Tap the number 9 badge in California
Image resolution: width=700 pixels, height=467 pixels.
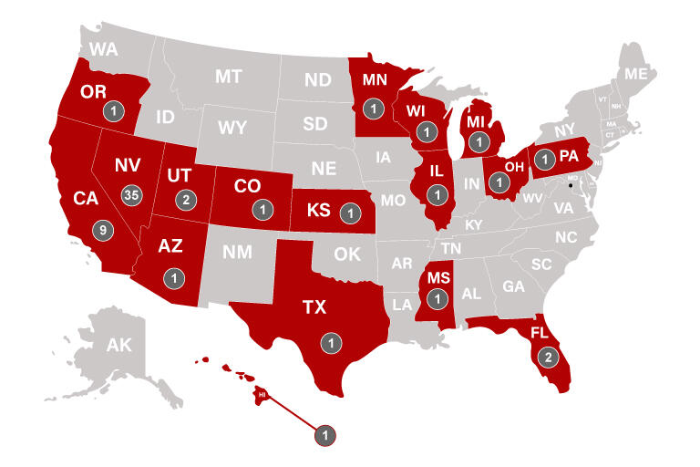click(x=104, y=230)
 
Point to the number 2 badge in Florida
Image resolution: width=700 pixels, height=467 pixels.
click(x=547, y=356)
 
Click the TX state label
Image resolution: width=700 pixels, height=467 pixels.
click(x=314, y=308)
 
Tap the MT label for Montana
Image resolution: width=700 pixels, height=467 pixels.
click(x=228, y=77)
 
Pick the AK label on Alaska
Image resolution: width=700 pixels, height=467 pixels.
click(x=119, y=345)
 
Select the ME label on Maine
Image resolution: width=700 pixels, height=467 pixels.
click(x=634, y=74)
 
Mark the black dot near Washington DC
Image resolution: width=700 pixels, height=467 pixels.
click(x=571, y=185)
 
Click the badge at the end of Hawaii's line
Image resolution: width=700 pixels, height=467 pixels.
click(x=324, y=435)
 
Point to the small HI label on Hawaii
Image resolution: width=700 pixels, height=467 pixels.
click(x=262, y=394)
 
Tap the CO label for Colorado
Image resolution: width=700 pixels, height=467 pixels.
click(x=247, y=186)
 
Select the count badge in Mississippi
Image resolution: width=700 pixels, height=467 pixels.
click(x=438, y=297)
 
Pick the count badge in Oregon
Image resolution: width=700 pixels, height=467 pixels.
click(x=113, y=111)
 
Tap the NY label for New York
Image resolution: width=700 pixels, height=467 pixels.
click(x=565, y=131)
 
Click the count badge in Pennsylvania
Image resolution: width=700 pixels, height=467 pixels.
click(x=544, y=160)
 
